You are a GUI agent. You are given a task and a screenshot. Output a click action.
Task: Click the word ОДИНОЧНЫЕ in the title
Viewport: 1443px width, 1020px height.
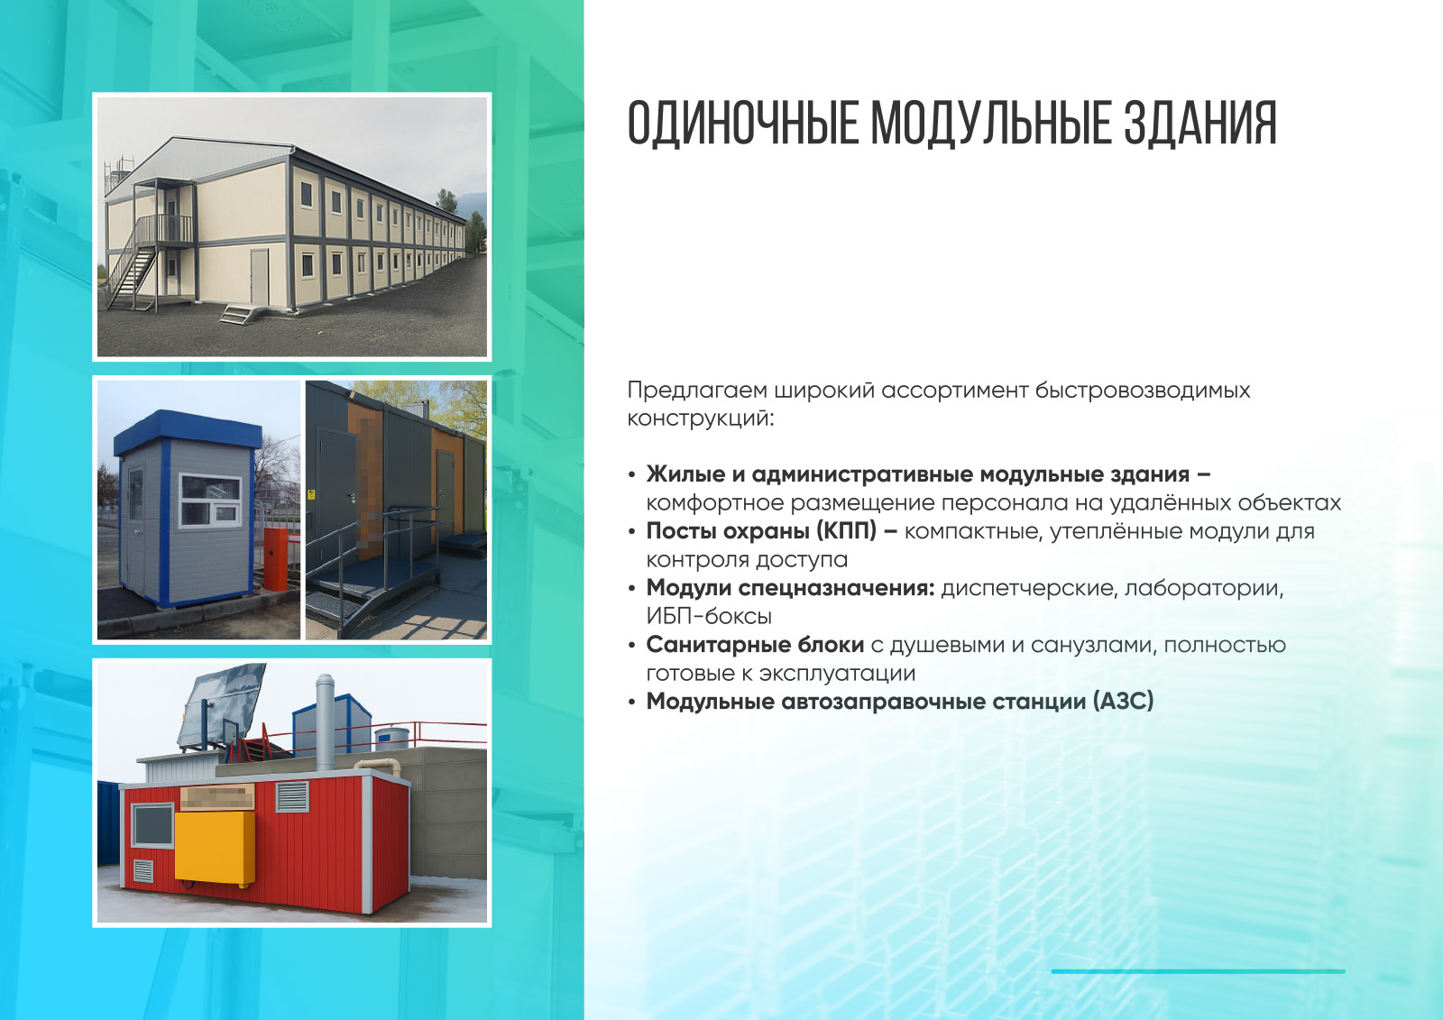tap(743, 123)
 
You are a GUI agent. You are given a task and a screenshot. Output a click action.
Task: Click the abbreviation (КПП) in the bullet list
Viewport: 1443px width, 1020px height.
tap(847, 531)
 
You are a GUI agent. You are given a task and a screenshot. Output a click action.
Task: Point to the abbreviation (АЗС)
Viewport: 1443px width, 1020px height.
tap(1123, 701)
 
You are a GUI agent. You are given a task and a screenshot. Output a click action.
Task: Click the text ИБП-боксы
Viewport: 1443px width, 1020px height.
tap(709, 617)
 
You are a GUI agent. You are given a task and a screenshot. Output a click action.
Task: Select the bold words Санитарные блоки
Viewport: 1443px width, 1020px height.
tap(755, 645)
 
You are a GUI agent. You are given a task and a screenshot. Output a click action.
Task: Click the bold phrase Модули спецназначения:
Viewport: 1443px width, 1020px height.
tap(790, 588)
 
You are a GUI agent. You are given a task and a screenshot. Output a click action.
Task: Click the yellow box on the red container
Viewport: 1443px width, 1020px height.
tap(216, 847)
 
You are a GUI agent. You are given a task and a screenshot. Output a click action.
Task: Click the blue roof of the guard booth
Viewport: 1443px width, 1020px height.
tap(188, 429)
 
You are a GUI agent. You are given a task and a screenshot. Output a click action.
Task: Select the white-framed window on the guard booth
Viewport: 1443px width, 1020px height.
tap(209, 501)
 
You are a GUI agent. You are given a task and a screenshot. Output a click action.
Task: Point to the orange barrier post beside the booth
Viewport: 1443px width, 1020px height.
tap(276, 559)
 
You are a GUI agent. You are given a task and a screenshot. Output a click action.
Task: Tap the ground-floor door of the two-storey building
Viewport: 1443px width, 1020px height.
tap(260, 277)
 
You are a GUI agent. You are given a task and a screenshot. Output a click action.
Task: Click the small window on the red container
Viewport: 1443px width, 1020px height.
tap(152, 825)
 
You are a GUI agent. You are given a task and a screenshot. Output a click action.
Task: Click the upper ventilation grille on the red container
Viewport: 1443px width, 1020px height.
tap(292, 796)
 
